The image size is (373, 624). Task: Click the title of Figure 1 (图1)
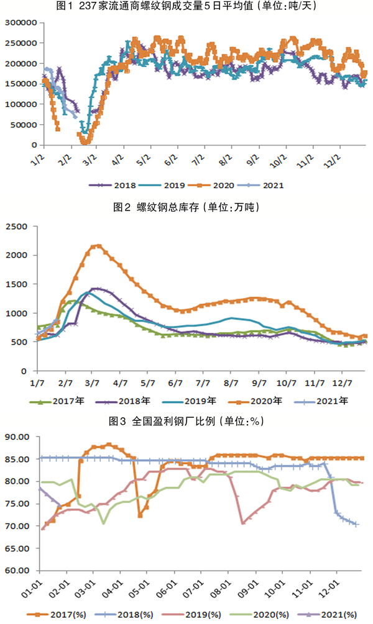pos(186,7)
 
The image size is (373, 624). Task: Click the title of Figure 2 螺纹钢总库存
pos(186,207)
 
